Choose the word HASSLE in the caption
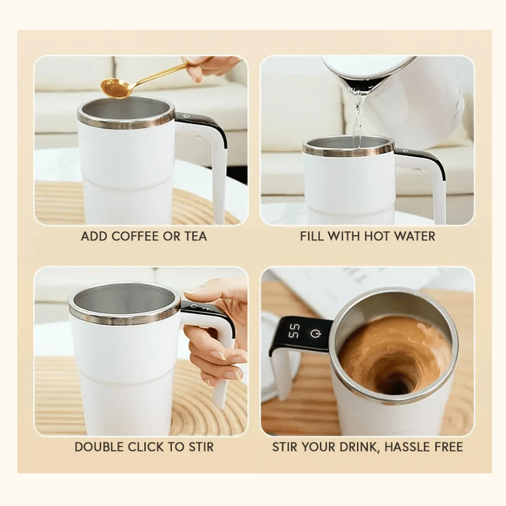tap(408, 447)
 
